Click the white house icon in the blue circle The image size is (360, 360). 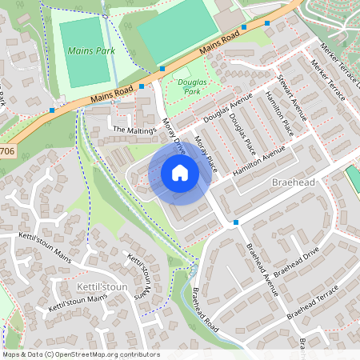coord(180,172)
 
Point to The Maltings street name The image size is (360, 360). coord(133,130)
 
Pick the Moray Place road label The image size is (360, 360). coord(206,153)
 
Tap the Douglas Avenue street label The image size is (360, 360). coord(227,107)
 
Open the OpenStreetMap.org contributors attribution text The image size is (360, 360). coord(106,354)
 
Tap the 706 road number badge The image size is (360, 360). coord(6,150)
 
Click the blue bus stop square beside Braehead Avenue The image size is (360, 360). coord(235,222)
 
